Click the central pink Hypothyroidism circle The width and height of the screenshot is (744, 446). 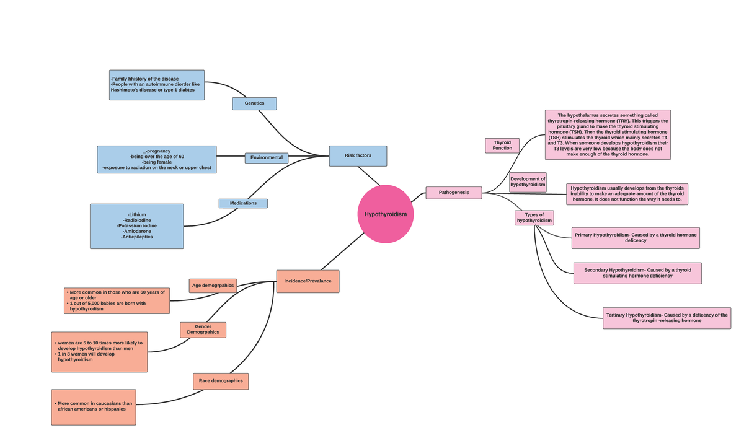pos(386,214)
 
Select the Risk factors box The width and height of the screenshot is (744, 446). pos(358,155)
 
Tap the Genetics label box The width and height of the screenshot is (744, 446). pos(254,103)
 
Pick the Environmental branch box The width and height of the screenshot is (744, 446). pos(267,158)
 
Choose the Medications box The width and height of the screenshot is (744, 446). pos(243,203)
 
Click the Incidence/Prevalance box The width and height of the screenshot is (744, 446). pos(308,281)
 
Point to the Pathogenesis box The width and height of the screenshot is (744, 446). pos(454,193)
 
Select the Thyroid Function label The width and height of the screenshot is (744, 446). pos(502,146)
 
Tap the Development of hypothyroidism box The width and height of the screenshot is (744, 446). pos(528,182)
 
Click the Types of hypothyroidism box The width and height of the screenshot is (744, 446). pos(534,218)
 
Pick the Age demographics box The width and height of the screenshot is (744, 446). pos(213,286)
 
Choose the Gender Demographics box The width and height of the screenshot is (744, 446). pos(203,330)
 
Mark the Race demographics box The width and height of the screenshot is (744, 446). pos(221,381)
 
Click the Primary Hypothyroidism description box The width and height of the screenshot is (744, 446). pos(635,238)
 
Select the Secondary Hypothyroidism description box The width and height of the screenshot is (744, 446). pos(637,273)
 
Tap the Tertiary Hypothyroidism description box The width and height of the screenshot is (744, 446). pos(666,318)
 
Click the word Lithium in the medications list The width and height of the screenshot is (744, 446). pos(137,214)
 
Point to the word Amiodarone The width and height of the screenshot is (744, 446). pos(137,231)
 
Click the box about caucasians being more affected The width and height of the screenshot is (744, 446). pos(94,407)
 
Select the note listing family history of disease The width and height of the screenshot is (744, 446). pos(157,85)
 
